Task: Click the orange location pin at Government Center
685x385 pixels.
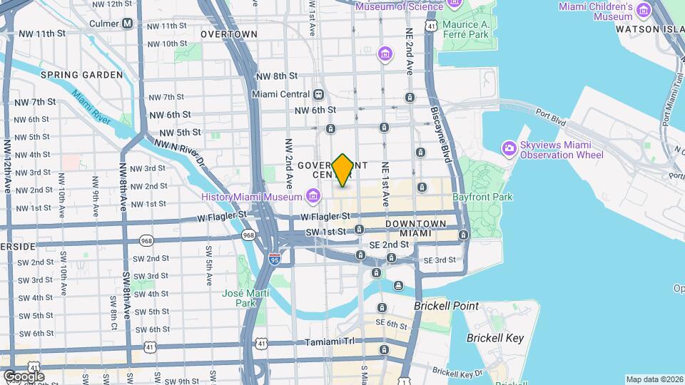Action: (x=343, y=170)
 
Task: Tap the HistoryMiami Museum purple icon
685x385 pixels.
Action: (x=313, y=195)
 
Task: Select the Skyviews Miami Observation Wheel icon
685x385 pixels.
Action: (x=509, y=149)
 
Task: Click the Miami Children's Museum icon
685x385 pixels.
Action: (x=644, y=11)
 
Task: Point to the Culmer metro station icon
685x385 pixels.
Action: (x=128, y=23)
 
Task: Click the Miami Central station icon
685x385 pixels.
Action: (x=318, y=94)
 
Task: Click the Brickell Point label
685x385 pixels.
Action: (x=447, y=305)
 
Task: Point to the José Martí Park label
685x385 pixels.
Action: (x=245, y=298)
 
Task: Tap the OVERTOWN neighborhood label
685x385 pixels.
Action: (x=228, y=34)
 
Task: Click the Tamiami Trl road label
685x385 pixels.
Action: (x=329, y=343)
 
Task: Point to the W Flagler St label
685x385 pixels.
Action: (x=325, y=215)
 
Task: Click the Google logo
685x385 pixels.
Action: (x=24, y=376)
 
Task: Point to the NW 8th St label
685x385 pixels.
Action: (x=275, y=76)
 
